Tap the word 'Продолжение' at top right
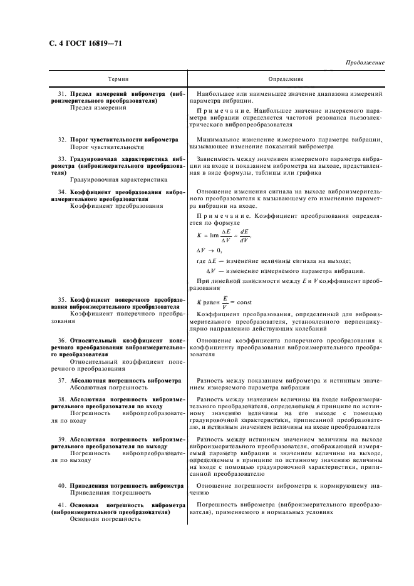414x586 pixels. (x=365, y=63)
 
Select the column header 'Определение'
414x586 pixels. (x=286, y=80)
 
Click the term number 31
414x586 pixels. (x=62, y=93)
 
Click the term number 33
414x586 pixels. (x=62, y=160)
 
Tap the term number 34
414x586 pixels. (x=62, y=190)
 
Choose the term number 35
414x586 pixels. (x=62, y=300)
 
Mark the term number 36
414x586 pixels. (x=62, y=341)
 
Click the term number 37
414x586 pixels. (x=62, y=381)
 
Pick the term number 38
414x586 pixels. (x=62, y=399)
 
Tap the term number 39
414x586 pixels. (x=62, y=439)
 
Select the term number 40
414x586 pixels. (x=62, y=486)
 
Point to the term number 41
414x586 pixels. (x=62, y=505)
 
